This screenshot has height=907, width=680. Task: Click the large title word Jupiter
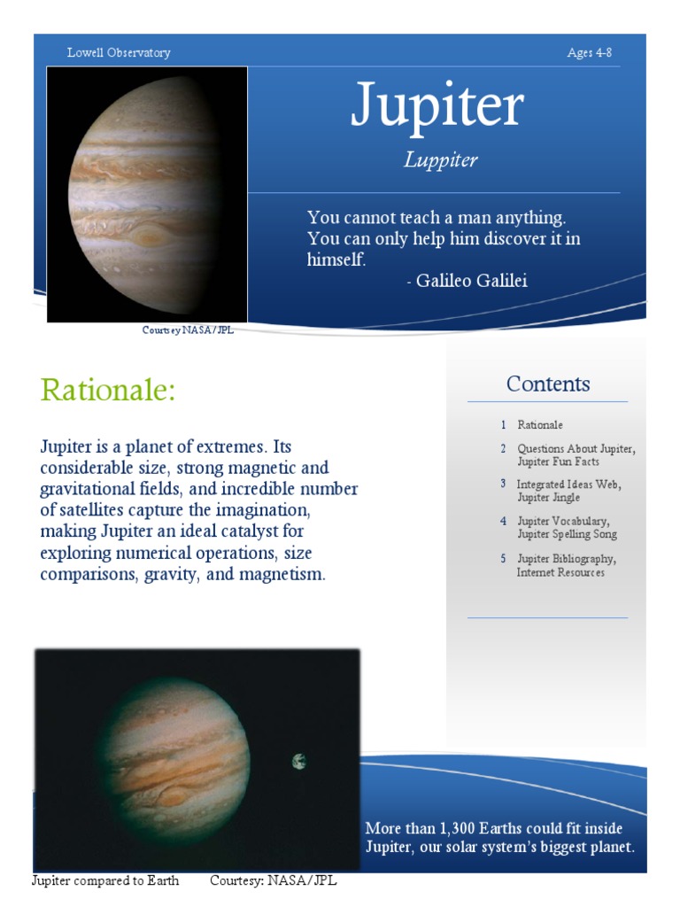click(437, 107)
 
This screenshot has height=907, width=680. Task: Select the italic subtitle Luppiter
click(440, 160)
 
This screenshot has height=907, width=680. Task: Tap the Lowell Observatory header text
click(119, 53)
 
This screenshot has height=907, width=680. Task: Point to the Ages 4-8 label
click(590, 53)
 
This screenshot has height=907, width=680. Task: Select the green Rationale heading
click(108, 390)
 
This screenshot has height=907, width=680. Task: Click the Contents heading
click(548, 384)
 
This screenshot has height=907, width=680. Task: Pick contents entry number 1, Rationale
click(539, 425)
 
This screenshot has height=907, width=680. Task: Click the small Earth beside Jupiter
click(299, 761)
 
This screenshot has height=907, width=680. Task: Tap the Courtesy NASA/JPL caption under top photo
click(188, 330)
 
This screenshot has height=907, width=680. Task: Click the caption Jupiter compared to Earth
click(105, 880)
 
